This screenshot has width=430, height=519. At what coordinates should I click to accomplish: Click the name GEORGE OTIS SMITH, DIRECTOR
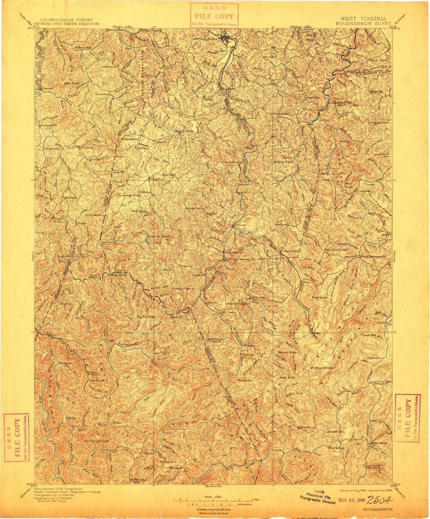pyautogui.click(x=67, y=24)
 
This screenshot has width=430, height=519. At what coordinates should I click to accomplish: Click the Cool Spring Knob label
pyautogui.click(x=96, y=441)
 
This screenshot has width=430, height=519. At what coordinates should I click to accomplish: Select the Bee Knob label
pyautogui.click(x=245, y=380)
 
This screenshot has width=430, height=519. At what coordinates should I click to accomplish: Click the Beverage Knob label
pyautogui.click(x=129, y=195)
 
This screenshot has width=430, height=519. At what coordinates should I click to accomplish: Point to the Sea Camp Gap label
pyautogui.click(x=336, y=250)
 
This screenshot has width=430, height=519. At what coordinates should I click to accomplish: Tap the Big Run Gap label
pyautogui.click(x=146, y=317)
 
